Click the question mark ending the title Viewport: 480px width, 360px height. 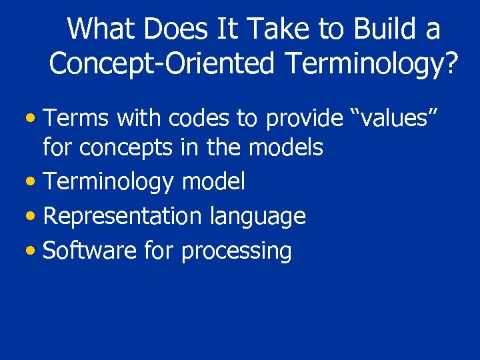pyautogui.click(x=451, y=63)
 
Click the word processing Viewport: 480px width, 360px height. pyautogui.click(x=236, y=252)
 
